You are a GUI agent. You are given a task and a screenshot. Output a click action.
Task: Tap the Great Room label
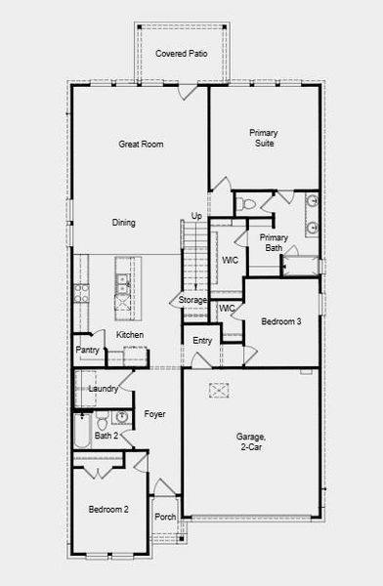[x=141, y=145]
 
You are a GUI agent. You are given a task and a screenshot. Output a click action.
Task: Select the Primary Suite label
[x=263, y=138]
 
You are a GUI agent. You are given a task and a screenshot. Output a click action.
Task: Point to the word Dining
[x=123, y=223]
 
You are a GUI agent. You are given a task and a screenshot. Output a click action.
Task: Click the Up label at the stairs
[x=196, y=216]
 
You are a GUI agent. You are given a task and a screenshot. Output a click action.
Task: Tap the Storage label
[x=192, y=300]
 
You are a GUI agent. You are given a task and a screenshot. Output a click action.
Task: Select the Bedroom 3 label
[x=280, y=321]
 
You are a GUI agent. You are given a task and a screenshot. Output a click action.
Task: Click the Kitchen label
[x=131, y=336]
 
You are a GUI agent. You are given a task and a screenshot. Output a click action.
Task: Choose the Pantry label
[x=88, y=350]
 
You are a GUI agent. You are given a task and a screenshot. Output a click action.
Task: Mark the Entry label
[x=202, y=340]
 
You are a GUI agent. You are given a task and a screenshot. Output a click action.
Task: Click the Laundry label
[x=103, y=389]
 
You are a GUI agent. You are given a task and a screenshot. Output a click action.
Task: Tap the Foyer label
[x=154, y=414]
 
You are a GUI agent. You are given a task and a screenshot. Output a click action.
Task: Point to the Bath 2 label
[x=106, y=436]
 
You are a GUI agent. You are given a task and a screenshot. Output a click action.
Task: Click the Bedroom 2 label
[x=108, y=510]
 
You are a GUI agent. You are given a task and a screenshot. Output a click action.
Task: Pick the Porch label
[x=166, y=518]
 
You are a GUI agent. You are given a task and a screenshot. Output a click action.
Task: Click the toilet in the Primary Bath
[x=246, y=205]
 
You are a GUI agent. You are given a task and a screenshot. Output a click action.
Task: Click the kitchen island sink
[x=122, y=282]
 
